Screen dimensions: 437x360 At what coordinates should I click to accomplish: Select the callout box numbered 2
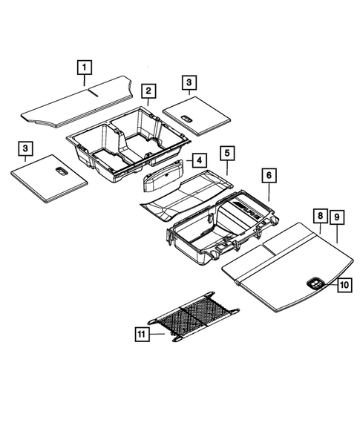[x=148, y=91]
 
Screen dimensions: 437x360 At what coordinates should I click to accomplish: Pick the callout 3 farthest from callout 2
[x=25, y=150]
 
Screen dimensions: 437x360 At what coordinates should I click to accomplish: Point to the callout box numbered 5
[x=227, y=154]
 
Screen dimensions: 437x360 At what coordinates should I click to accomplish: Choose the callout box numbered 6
[x=269, y=175]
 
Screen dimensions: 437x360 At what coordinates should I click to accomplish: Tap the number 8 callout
[x=318, y=217]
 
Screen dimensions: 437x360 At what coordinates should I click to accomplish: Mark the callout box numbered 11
[x=142, y=335]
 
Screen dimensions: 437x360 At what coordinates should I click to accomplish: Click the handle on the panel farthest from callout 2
[x=62, y=171]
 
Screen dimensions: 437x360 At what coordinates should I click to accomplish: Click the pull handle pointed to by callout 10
[x=313, y=281]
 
